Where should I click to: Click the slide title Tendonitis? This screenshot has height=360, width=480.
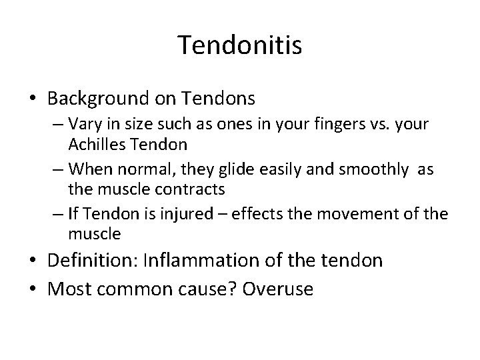pyautogui.click(x=240, y=45)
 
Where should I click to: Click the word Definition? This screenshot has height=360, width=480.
pyautogui.click(x=96, y=261)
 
